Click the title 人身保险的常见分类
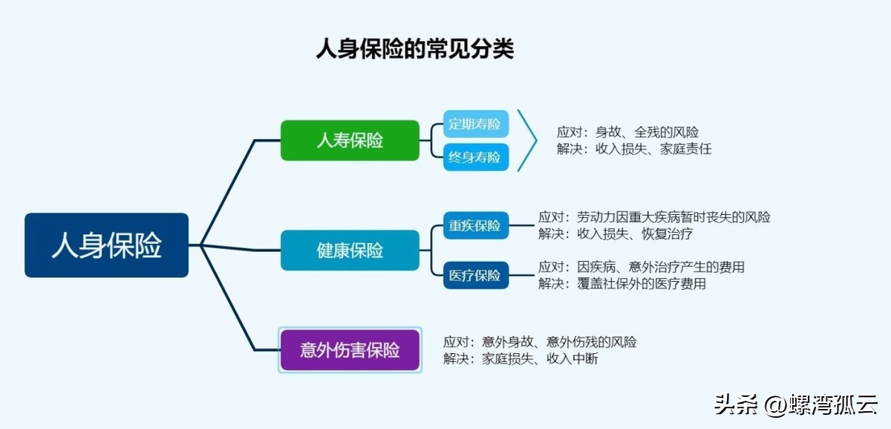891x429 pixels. pos(415,49)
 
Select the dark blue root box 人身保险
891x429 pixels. pos(106,245)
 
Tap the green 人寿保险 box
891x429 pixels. pos(350,140)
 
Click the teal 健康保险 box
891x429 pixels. pos(350,250)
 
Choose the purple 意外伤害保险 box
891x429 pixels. pos(350,350)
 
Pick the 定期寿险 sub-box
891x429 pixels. pos(476,124)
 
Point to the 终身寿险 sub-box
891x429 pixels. pos(476,157)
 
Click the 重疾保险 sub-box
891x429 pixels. pos(476,225)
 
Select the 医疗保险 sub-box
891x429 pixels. pos(476,275)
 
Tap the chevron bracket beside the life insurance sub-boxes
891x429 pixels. pos(529,140)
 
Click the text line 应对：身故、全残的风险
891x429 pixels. pos(627,132)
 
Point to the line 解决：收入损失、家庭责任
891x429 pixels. pos(634,149)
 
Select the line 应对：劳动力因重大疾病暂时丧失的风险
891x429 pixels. pos(654,217)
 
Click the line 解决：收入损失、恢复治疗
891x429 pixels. pos(616,233)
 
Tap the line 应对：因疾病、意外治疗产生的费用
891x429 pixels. pos(642,267)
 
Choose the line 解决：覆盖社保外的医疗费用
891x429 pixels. pos(622,283)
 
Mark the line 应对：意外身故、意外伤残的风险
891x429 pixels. pos(540,342)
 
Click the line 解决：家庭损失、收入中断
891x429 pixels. pos(520,358)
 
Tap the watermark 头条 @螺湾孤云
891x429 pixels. pos(795,404)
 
